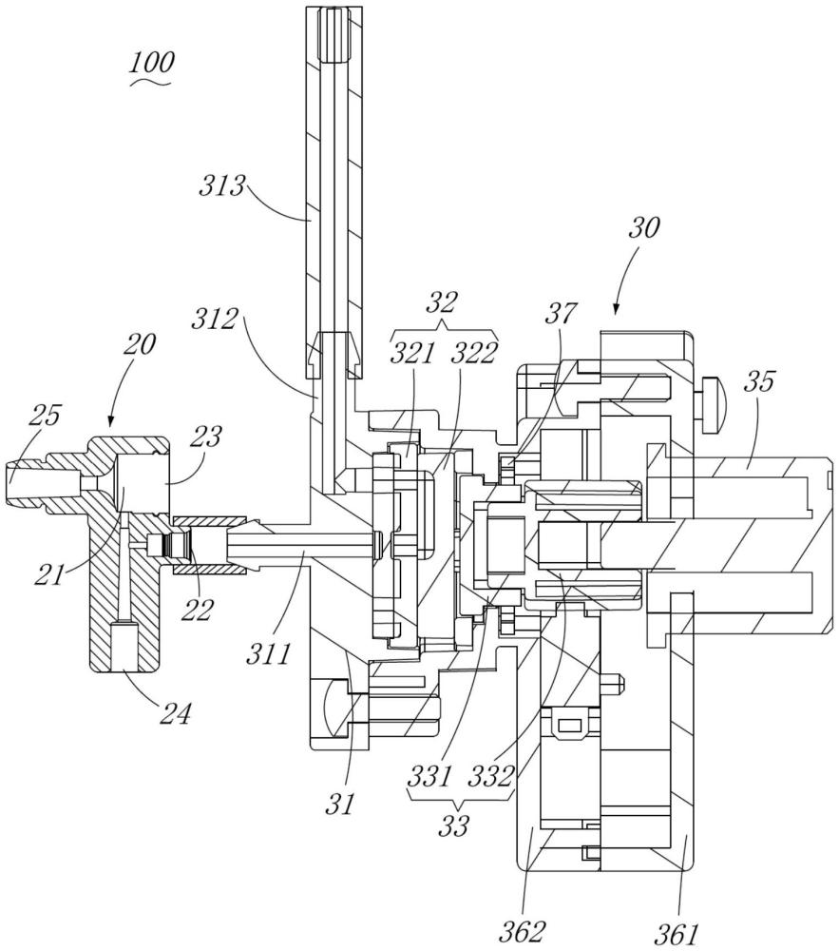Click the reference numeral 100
point(152,63)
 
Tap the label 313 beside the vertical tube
point(221,186)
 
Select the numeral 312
point(215,319)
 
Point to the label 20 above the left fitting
point(140,344)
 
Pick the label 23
point(206,437)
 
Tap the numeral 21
point(49,575)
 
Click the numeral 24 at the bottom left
point(175,714)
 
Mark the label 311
point(268,654)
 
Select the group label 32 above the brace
point(443,301)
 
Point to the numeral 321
point(412,353)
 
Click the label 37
point(561,314)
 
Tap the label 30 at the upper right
point(644,228)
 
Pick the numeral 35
point(759,381)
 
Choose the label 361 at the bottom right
point(677,934)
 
